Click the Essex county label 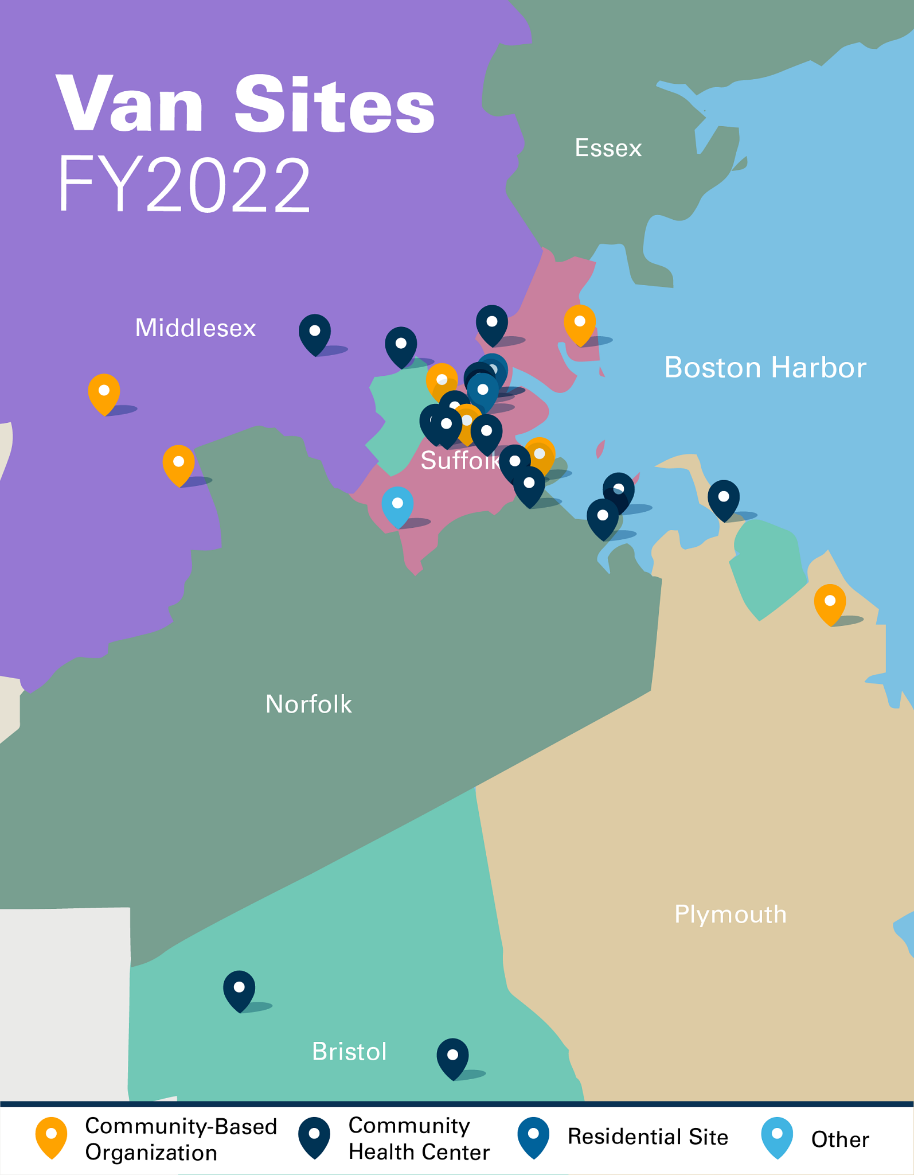pos(608,148)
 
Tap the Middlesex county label pos(196,328)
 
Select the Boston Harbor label pos(765,367)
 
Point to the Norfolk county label pos(308,704)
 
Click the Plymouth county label pos(730,915)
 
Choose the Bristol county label pos(349,1052)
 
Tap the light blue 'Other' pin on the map pos(397,505)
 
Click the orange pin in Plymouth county pos(830,603)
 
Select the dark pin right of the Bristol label pos(452,1057)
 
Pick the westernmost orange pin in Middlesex pos(104,392)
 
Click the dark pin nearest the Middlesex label pos(315,333)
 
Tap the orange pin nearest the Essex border pos(580,324)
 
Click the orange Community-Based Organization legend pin pos(51,1137)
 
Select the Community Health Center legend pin pos(314,1137)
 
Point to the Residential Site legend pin pos(533,1137)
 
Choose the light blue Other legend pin pos(777,1137)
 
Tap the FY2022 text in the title pos(184,185)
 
